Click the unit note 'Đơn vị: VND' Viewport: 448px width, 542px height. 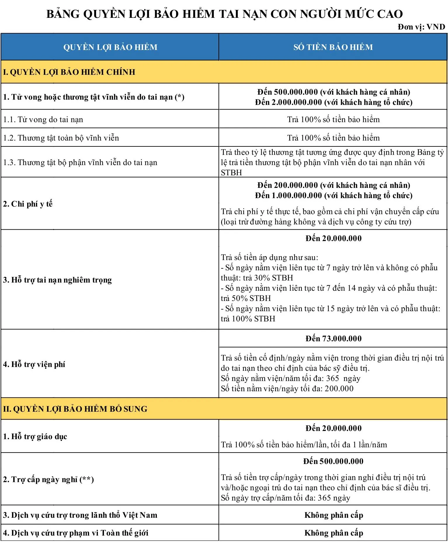click(421, 27)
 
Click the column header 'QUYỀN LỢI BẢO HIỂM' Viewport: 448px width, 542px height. click(110, 47)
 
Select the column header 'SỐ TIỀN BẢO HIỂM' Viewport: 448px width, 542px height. click(333, 47)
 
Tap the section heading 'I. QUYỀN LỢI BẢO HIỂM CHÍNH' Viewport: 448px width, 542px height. click(69, 72)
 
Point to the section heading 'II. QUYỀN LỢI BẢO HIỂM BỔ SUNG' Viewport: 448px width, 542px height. click(75, 409)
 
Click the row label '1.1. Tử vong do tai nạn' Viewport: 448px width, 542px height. click(43, 119)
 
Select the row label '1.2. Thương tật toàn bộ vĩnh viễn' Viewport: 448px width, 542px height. click(61, 138)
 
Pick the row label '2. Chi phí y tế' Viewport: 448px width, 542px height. click(28, 204)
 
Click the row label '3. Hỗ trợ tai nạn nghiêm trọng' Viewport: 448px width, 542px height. click(57, 280)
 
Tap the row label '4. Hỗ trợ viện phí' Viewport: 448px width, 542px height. click(34, 364)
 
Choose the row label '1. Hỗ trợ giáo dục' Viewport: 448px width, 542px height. click(35, 436)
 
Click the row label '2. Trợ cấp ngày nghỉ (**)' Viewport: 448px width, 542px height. click(48, 479)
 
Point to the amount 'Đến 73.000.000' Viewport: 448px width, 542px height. click(333, 338)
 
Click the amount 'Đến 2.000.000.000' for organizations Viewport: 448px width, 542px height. click(288, 102)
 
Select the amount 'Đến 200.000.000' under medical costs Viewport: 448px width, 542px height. click(288, 185)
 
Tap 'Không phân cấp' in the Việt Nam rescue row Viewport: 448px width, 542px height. click(334, 515)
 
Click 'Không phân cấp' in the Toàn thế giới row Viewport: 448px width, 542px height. click(334, 533)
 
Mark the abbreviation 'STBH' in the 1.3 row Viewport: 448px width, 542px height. click(231, 173)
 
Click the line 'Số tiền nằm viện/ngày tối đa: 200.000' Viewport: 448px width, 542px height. click(287, 388)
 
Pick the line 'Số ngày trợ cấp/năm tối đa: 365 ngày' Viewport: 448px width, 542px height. click(285, 498)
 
